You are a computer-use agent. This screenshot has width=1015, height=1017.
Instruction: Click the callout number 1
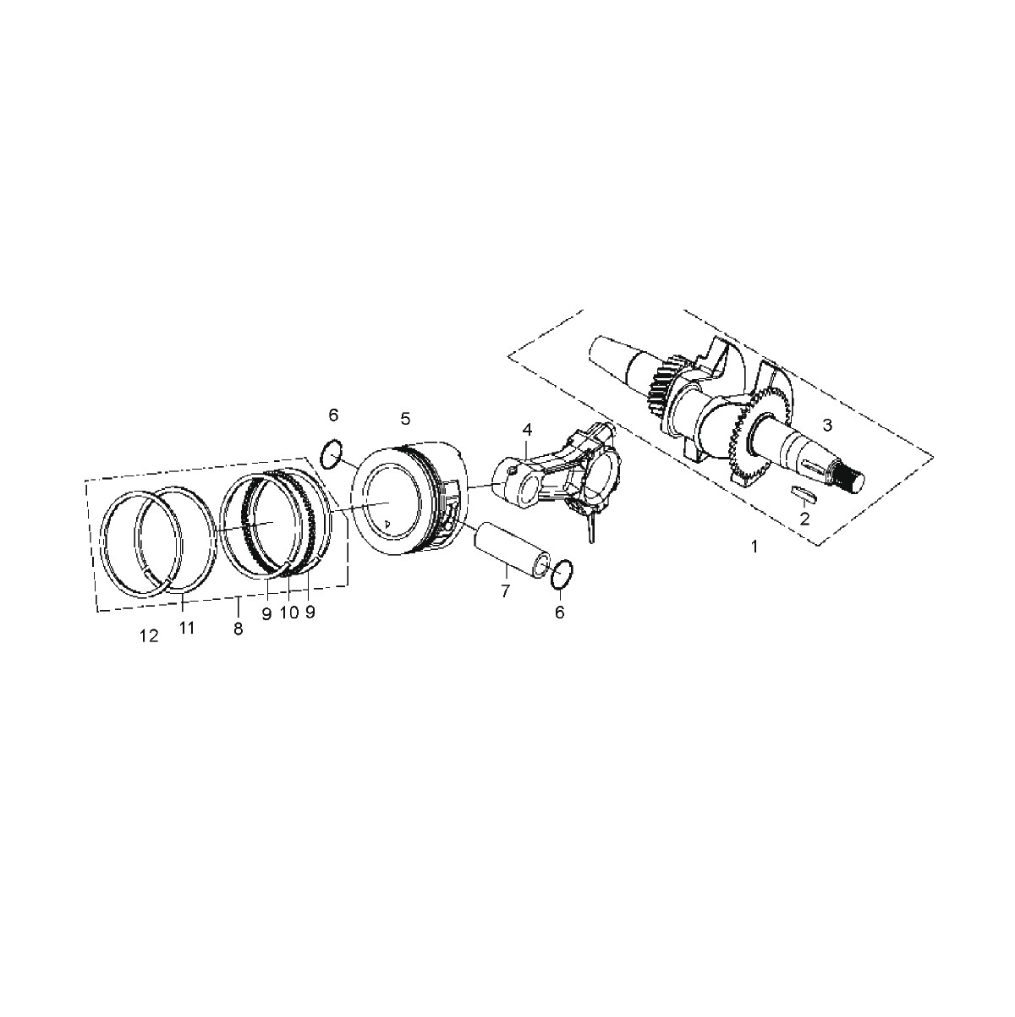754,547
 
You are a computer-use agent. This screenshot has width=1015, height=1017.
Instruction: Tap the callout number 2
804,519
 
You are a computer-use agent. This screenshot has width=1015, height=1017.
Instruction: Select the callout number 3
827,426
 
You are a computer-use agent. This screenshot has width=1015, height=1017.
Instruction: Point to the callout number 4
527,430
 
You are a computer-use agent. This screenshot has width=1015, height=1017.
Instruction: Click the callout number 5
405,419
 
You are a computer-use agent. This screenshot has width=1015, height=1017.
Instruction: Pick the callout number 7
506,591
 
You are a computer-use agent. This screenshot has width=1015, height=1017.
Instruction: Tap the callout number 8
238,629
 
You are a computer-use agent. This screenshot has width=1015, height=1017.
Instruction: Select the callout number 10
289,613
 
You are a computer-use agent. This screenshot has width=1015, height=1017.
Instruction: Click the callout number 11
187,628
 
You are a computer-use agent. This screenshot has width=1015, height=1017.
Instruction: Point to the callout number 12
150,636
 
